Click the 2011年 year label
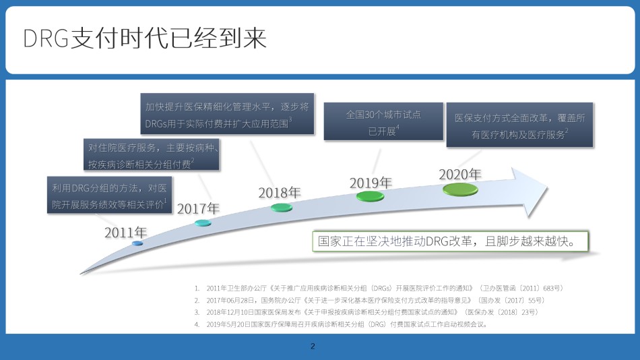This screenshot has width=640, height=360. point(126,233)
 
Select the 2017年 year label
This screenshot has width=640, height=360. point(198,209)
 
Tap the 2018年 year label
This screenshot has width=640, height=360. point(280,192)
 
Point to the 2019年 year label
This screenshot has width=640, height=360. point(371,183)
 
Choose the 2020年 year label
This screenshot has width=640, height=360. point(460,175)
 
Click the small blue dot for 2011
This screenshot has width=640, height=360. point(137,243)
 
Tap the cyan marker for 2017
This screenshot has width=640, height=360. point(203,222)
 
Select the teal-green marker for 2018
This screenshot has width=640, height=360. point(282,208)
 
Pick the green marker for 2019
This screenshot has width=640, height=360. point(371,196)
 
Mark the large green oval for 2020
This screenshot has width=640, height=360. point(460,189)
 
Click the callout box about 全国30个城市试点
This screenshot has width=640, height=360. point(383,121)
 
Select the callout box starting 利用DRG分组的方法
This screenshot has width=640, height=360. point(109,195)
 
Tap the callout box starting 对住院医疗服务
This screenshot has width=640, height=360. point(152,154)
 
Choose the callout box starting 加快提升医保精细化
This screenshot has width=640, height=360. point(227,114)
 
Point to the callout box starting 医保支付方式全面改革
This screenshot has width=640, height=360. point(519,125)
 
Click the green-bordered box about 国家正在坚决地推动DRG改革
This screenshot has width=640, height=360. point(450,241)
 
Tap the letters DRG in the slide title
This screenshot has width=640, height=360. point(46,39)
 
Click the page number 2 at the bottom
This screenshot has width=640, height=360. point(313,346)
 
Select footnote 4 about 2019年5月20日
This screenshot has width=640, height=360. point(342,324)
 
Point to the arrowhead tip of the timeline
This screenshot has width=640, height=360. point(547,188)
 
